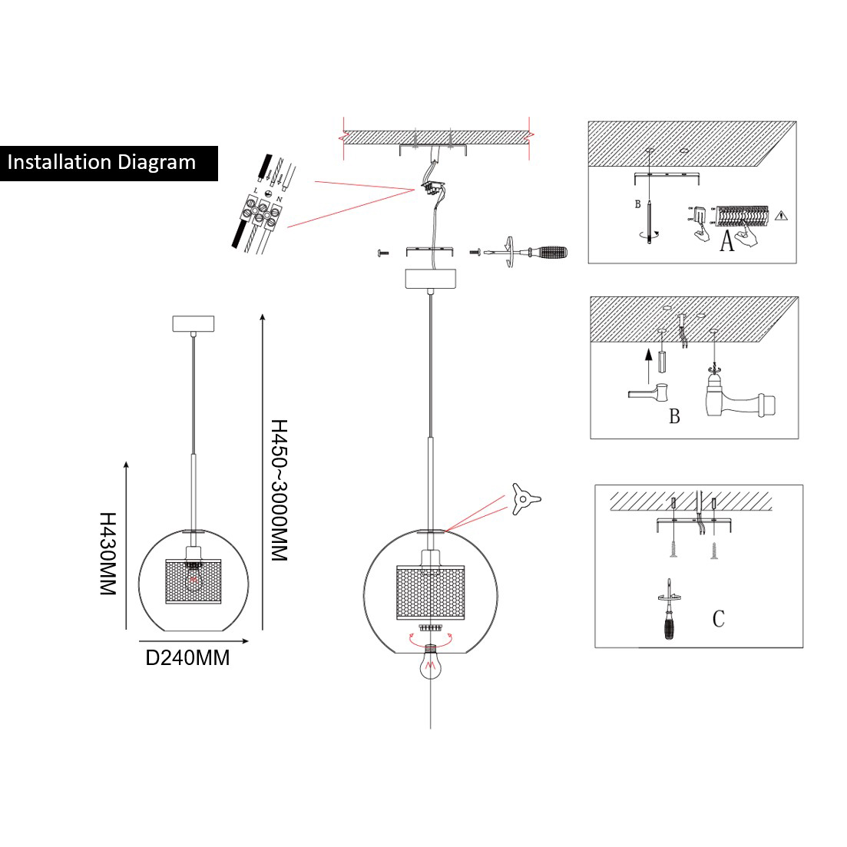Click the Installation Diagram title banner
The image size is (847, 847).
click(x=108, y=163)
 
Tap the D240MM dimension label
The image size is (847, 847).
click(x=187, y=658)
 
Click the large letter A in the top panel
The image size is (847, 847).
click(x=726, y=243)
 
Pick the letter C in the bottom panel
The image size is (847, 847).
click(x=718, y=619)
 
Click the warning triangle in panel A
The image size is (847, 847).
click(x=782, y=216)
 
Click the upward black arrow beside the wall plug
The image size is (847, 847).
click(x=648, y=365)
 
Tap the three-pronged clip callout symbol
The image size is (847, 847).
click(x=524, y=501)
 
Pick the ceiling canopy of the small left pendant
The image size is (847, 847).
click(x=194, y=323)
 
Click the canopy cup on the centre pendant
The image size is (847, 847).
click(x=431, y=278)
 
